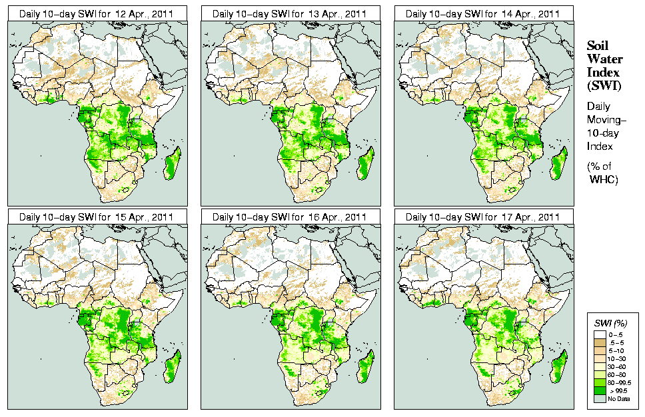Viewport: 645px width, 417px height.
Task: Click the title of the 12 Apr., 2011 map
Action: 96,14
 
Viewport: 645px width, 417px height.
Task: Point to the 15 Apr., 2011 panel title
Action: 96,217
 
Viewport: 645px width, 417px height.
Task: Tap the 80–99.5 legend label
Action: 621,382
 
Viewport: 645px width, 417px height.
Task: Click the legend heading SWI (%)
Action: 609,322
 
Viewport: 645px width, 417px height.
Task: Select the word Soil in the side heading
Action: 597,46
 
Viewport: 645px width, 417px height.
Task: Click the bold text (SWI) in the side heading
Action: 603,85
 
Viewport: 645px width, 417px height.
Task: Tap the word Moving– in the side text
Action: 604,119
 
